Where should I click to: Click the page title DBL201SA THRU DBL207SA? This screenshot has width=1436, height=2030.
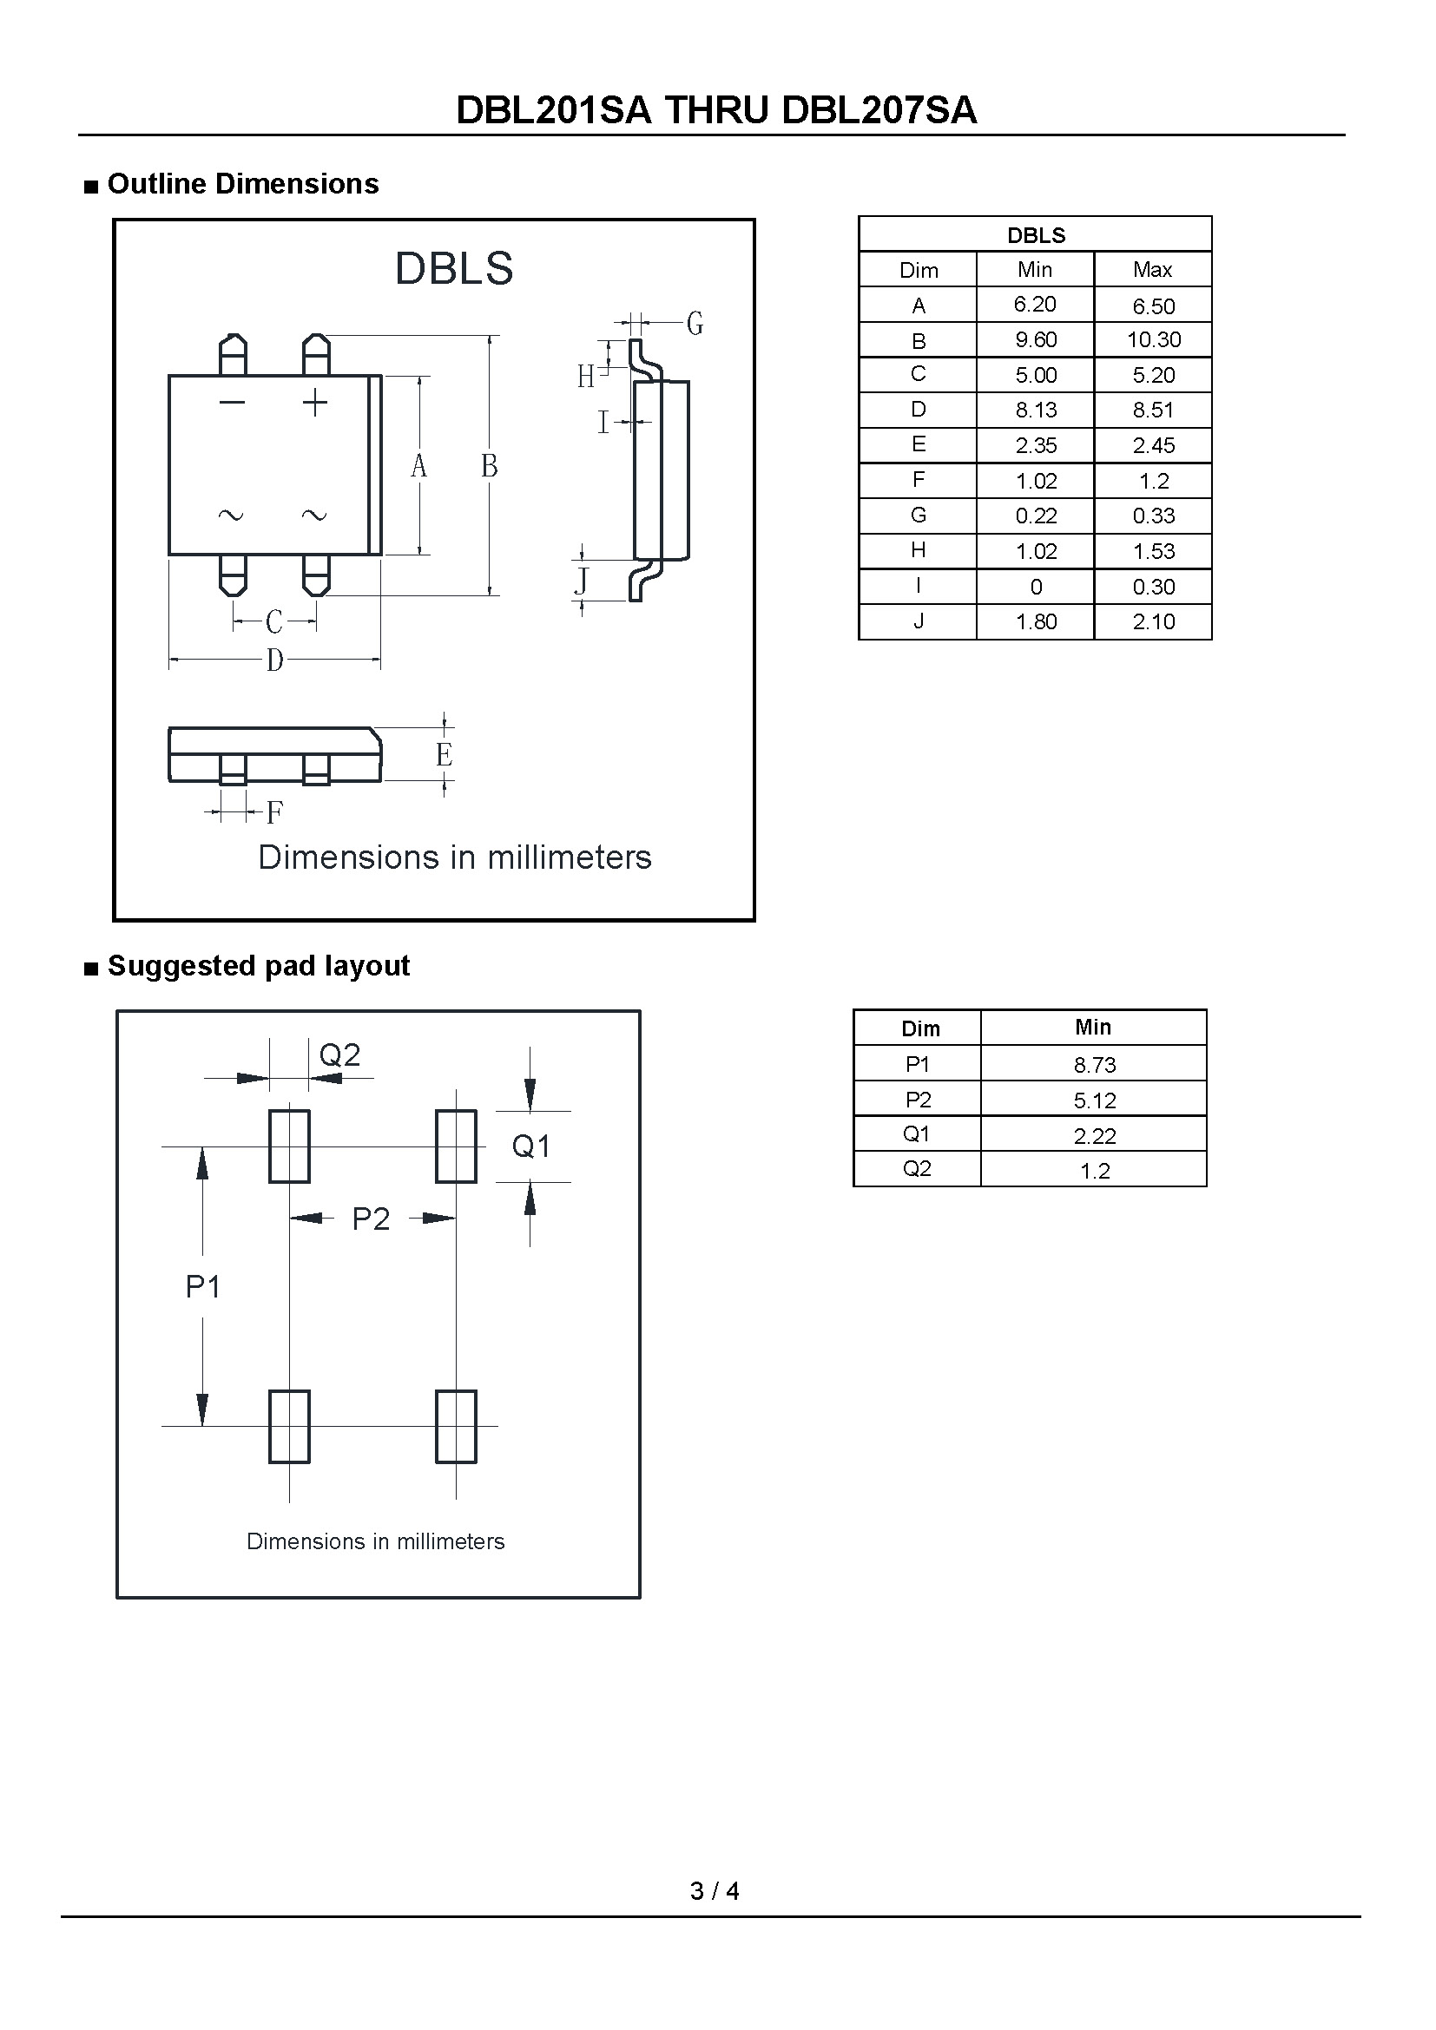(716, 109)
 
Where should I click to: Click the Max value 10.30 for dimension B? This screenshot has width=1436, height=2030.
(1153, 339)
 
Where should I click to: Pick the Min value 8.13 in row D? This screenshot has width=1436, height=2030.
(1036, 410)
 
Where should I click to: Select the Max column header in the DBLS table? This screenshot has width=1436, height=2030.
(1152, 270)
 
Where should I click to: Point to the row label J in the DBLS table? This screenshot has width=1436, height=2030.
(919, 621)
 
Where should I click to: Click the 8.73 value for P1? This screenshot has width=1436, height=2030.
(1095, 1065)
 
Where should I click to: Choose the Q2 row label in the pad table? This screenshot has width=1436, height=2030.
(917, 1169)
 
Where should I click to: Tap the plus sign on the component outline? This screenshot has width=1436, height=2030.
(315, 404)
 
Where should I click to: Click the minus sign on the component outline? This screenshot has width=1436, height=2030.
(232, 404)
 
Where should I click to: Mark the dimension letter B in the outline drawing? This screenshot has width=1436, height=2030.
(489, 466)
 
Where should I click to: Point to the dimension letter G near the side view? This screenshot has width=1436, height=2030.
(695, 324)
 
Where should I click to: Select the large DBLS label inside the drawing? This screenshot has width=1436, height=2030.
(453, 268)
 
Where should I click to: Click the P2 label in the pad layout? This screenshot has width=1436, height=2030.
(371, 1219)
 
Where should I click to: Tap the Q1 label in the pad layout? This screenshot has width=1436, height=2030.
(530, 1146)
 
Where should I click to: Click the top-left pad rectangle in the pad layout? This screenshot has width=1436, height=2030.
(289, 1146)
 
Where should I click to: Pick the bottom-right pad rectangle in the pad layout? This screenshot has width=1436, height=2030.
(457, 1426)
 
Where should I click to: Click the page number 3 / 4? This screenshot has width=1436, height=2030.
(715, 1890)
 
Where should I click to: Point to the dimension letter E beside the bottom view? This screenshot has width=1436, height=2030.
(444, 754)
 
